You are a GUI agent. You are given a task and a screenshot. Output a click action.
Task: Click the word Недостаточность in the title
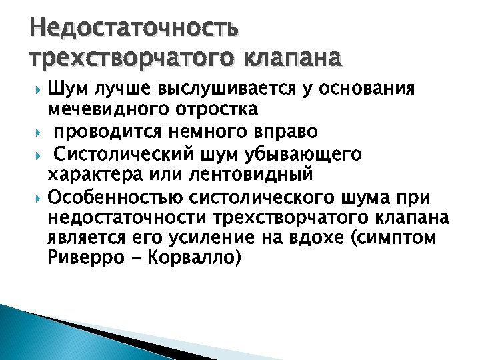pos(133,29)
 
